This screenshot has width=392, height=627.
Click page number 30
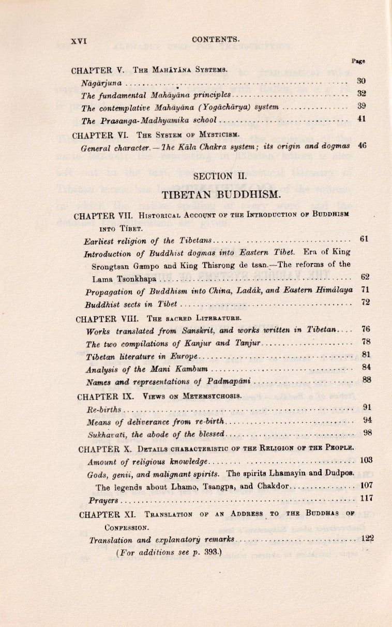[361, 81]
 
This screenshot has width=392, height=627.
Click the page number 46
[361, 146]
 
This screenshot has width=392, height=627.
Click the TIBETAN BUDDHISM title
[221, 195]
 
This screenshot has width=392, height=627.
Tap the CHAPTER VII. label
[101, 215]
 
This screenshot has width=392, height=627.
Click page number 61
[364, 239]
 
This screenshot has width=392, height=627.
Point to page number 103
[366, 460]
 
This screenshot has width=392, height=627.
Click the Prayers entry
[103, 501]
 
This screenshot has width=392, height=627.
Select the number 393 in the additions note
[209, 552]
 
